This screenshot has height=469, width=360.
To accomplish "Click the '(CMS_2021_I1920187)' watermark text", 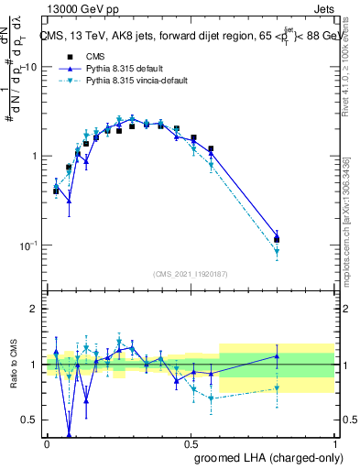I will [191, 274].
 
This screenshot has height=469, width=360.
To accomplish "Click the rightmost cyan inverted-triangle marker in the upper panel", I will [277, 252].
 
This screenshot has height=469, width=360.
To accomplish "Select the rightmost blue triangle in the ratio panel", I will [277, 356].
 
